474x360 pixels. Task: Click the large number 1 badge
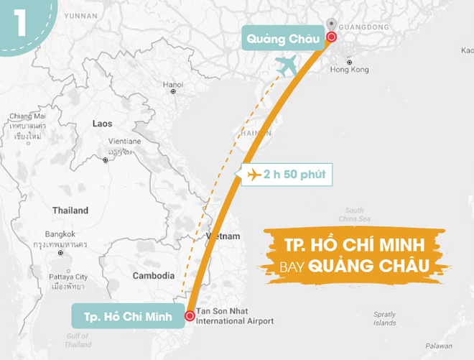pos(19,22)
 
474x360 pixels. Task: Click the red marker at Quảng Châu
pos(331,37)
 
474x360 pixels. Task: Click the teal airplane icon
pos(287,67)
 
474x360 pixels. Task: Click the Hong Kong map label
pos(349,69)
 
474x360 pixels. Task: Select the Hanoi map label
pos(173,84)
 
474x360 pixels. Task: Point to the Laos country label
pos(102,124)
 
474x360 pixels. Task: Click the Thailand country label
pos(70,211)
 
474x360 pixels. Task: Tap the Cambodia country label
pos(154,275)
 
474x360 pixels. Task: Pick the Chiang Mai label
pos(27,116)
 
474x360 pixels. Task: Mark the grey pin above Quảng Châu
pos(330,24)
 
